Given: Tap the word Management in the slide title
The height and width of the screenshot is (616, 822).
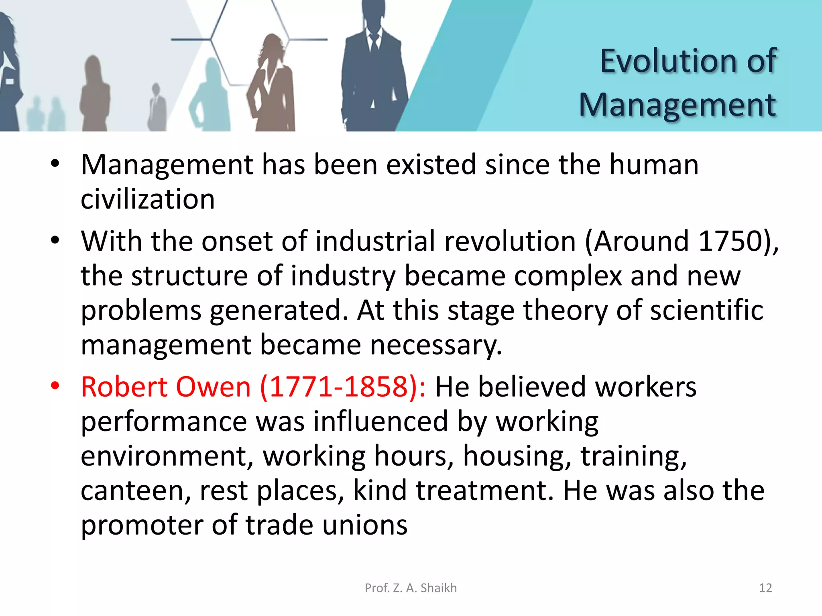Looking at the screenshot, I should [677, 105].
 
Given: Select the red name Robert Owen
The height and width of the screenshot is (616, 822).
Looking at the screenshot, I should [166, 387].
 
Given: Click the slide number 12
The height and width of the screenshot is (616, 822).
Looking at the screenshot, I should [765, 588].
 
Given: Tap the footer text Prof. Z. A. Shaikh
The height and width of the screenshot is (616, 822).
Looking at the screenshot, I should [411, 588].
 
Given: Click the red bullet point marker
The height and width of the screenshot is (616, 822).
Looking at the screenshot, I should [55, 386].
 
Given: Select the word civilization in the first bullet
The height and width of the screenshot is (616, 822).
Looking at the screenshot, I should [148, 199].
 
